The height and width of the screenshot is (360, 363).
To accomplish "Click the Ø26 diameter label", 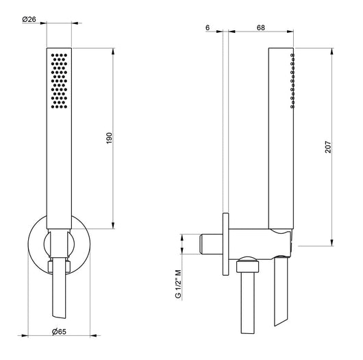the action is (x=29, y=19).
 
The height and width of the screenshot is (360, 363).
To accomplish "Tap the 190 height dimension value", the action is (x=109, y=138).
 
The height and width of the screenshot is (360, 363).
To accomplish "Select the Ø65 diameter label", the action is (x=59, y=332).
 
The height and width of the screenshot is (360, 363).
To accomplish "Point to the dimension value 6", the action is (x=208, y=27).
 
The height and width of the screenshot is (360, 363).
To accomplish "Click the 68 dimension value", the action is (x=261, y=27).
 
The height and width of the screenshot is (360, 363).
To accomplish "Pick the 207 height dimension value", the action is (x=328, y=147).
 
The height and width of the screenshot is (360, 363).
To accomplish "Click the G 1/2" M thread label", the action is (x=178, y=284).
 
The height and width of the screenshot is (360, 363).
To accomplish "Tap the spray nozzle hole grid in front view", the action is (x=59, y=81).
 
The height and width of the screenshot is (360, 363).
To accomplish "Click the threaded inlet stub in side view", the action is (x=211, y=244).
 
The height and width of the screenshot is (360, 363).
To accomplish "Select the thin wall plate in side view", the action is (x=226, y=244).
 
